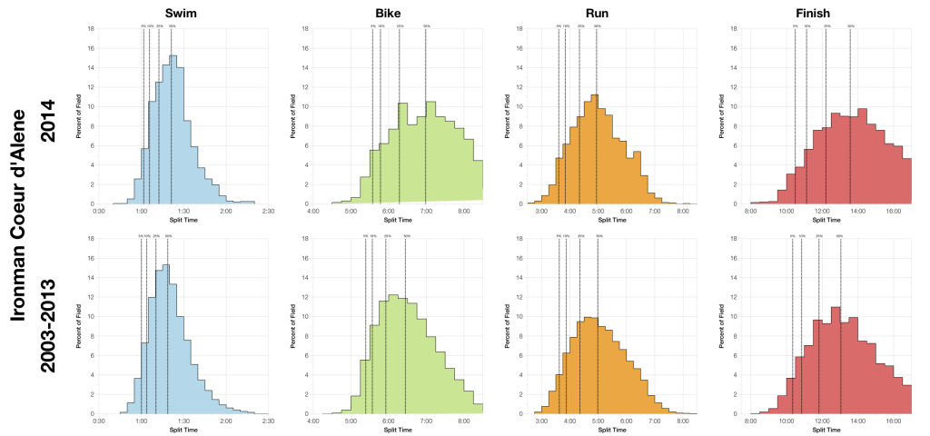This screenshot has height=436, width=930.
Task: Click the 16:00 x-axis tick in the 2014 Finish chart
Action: pos(892,211)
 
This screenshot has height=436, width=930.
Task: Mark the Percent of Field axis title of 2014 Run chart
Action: pos(505,115)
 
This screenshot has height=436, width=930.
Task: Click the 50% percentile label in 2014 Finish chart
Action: pos(851,26)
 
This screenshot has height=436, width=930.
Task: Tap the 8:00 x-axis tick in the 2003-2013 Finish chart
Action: pos(750,421)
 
